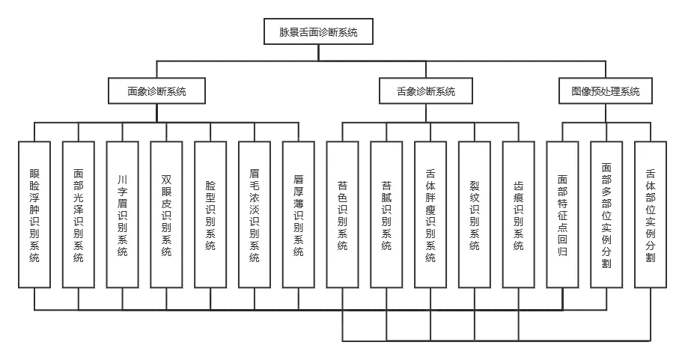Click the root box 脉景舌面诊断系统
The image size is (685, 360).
point(318,32)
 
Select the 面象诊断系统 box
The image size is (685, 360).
point(156,91)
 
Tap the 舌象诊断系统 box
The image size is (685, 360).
point(426,91)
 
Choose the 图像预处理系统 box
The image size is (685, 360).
point(605,91)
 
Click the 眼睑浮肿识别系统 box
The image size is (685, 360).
point(34,214)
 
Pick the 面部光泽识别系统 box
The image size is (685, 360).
point(79,214)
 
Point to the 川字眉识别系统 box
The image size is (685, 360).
point(123,214)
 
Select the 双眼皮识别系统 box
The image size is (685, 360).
point(166,214)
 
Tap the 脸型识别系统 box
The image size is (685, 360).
point(210,214)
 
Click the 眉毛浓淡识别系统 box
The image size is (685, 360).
point(255,214)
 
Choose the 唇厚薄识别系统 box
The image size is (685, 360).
point(299,214)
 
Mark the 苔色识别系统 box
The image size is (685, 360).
point(342,214)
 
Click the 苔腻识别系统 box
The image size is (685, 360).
point(386,214)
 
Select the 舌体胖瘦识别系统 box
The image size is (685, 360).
point(430,214)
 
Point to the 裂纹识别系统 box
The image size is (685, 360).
point(474,214)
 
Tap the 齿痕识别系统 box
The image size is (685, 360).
point(518,214)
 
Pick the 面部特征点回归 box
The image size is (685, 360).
point(562,214)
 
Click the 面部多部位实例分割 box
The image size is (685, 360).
point(606,214)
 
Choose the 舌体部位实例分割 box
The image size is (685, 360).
point(650,214)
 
